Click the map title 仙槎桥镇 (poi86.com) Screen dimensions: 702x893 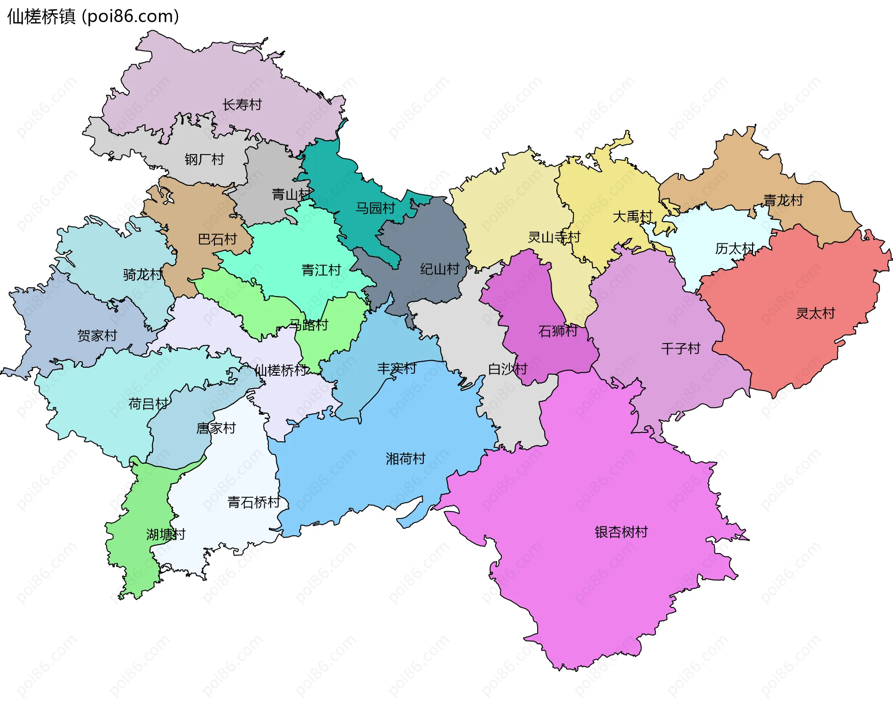coord(93,17)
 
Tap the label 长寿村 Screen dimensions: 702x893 coord(242,105)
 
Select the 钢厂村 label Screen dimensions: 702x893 coord(204,160)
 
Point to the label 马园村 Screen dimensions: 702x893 coord(375,208)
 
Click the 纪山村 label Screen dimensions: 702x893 coord(440,269)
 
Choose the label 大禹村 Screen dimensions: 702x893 coord(633,216)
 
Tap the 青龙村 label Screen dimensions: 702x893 coord(783,200)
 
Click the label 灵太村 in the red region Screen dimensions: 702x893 coord(815,313)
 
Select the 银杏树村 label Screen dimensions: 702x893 coord(621,532)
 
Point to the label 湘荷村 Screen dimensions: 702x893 coord(406,459)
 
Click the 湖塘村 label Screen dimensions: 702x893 coord(166,534)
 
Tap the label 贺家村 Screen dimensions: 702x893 coord(97,336)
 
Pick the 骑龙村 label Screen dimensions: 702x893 coord(143,275)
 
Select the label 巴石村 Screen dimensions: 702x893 coord(217,239)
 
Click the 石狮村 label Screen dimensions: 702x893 coord(558,331)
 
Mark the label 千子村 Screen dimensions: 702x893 coord(680,349)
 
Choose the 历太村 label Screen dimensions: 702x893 coord(735,249)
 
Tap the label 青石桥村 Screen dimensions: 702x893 coord(254,502)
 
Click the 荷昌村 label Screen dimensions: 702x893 coord(148,404)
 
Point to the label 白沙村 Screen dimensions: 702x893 coord(507,369)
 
